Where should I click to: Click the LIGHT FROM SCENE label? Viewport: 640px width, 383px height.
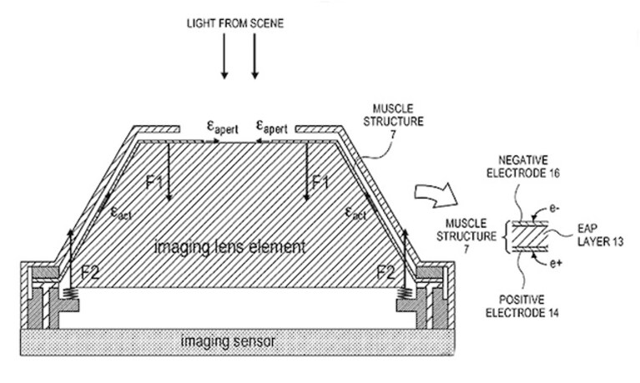[235, 23]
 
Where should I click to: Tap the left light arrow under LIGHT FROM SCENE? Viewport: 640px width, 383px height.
[224, 56]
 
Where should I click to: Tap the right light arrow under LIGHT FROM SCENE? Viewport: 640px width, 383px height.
[254, 56]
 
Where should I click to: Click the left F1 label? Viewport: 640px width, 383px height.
[154, 182]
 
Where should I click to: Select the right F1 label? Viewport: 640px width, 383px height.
[320, 182]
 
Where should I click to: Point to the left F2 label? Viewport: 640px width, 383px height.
[90, 272]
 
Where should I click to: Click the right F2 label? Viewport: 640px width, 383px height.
[386, 272]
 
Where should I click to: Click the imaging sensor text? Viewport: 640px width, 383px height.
[228, 341]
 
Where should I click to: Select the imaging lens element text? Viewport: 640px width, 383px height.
[229, 247]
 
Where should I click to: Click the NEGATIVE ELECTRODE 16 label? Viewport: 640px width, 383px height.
[523, 167]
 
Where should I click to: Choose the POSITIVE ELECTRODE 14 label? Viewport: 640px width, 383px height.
[522, 306]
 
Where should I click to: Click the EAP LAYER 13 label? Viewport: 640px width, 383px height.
[601, 234]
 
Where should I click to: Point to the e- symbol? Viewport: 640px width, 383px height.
[554, 209]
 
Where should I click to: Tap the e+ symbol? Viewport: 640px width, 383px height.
[556, 264]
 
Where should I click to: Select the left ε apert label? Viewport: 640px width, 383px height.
[223, 128]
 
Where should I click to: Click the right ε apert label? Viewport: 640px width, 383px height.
[271, 128]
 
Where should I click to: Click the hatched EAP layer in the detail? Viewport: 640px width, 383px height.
[530, 236]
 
